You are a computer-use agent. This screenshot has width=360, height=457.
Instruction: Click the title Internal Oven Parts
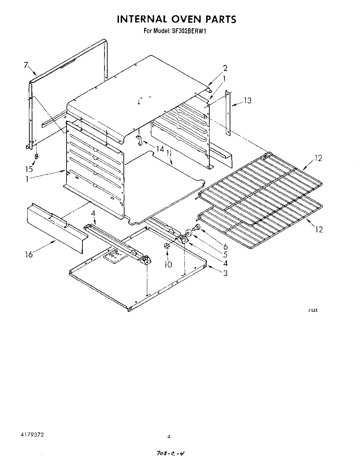[x=176, y=19]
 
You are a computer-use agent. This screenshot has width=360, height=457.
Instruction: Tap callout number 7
[x=26, y=65]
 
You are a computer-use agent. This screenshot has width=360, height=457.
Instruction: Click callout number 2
[x=225, y=68]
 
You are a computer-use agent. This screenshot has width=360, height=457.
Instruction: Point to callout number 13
[x=247, y=101]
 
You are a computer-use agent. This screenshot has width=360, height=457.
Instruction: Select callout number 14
[x=159, y=149]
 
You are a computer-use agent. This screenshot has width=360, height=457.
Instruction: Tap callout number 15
[x=30, y=169]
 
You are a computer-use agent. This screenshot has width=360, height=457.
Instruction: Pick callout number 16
[x=29, y=254]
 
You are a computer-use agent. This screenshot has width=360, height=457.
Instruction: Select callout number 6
[x=225, y=246]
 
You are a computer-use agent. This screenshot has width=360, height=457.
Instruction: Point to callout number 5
[x=225, y=255]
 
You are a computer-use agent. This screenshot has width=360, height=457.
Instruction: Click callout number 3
[x=225, y=273]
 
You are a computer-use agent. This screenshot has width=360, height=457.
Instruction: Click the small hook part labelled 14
[x=139, y=140]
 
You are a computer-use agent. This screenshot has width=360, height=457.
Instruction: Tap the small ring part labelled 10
[x=166, y=246]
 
